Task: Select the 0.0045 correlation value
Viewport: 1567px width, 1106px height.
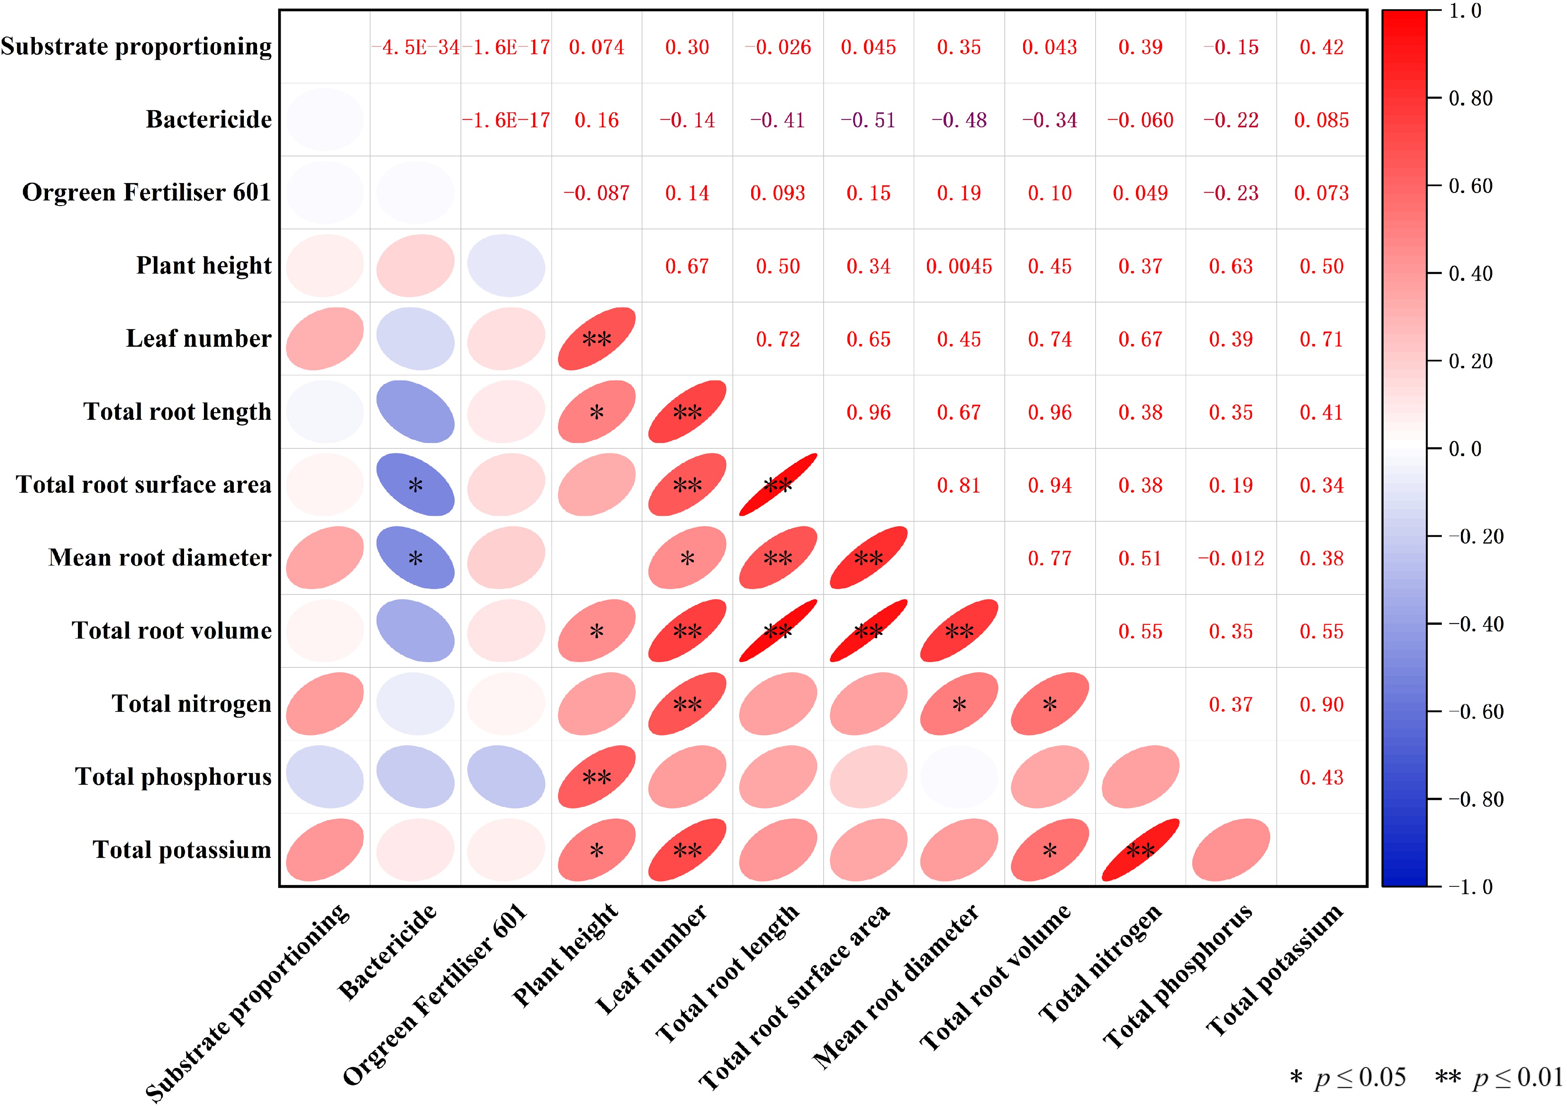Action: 959,267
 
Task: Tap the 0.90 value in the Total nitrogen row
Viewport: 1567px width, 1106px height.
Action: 1321,705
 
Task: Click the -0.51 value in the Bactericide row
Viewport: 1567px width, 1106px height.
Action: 868,121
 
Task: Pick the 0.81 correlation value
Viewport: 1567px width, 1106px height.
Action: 959,486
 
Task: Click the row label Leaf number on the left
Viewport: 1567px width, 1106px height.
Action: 199,339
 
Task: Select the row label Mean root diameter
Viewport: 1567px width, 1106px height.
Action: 160,558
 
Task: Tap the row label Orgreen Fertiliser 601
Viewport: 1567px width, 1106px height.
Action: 147,193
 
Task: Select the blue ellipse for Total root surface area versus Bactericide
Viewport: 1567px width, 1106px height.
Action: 415,485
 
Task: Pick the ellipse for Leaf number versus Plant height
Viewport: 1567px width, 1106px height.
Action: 597,339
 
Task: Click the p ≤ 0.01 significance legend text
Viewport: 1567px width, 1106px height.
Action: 1499,1078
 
